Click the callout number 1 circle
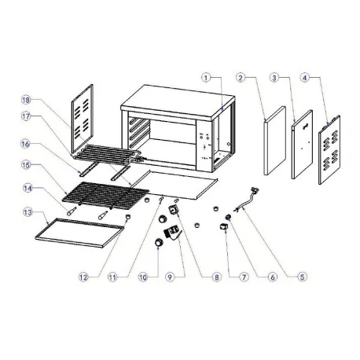(206, 79)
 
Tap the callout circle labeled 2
(243, 79)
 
